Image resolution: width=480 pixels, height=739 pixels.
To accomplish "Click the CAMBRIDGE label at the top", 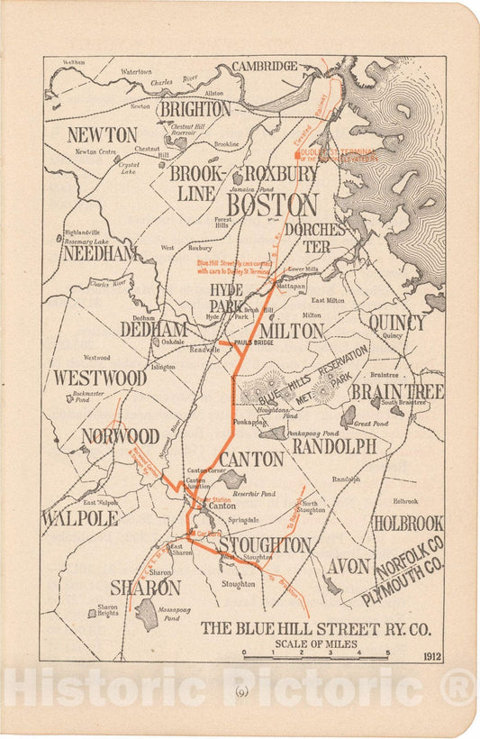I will click(265, 66).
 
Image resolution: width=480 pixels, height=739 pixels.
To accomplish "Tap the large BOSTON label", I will click(271, 205).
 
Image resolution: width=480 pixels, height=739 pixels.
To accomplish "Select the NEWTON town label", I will click(102, 134).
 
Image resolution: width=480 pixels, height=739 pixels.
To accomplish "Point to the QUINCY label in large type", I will click(396, 322).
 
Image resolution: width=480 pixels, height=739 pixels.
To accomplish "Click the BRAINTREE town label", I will click(397, 391).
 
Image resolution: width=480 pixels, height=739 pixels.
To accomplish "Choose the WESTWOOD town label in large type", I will click(99, 377).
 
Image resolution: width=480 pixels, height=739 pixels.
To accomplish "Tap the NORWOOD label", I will click(120, 436).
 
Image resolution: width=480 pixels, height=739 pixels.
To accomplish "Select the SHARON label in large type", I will click(145, 587).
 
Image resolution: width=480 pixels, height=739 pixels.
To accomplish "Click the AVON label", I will click(348, 566).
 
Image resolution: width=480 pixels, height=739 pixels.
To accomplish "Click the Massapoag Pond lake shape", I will click(146, 614).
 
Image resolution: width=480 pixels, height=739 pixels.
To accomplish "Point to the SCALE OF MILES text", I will click(316, 643).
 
